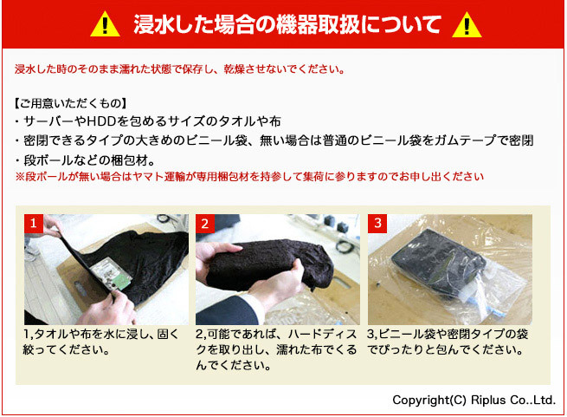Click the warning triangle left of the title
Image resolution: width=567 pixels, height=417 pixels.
[x=105, y=24]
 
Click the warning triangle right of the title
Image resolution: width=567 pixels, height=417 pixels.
[x=467, y=25]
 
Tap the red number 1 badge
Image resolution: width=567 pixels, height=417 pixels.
[x=34, y=223]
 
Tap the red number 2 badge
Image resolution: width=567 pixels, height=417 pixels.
[x=205, y=223]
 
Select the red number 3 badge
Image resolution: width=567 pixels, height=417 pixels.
[x=377, y=223]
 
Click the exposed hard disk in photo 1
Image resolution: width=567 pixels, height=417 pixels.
[x=111, y=275]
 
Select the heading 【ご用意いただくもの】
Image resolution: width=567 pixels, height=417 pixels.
[x=70, y=104]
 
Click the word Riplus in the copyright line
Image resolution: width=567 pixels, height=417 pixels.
[x=488, y=400]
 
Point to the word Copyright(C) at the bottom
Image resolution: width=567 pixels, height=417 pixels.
[x=429, y=400]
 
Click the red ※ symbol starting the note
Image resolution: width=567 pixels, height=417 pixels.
[x=20, y=177]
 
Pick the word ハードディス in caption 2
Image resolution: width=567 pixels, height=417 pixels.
[x=323, y=334]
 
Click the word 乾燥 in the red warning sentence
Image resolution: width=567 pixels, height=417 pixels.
[x=235, y=68]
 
